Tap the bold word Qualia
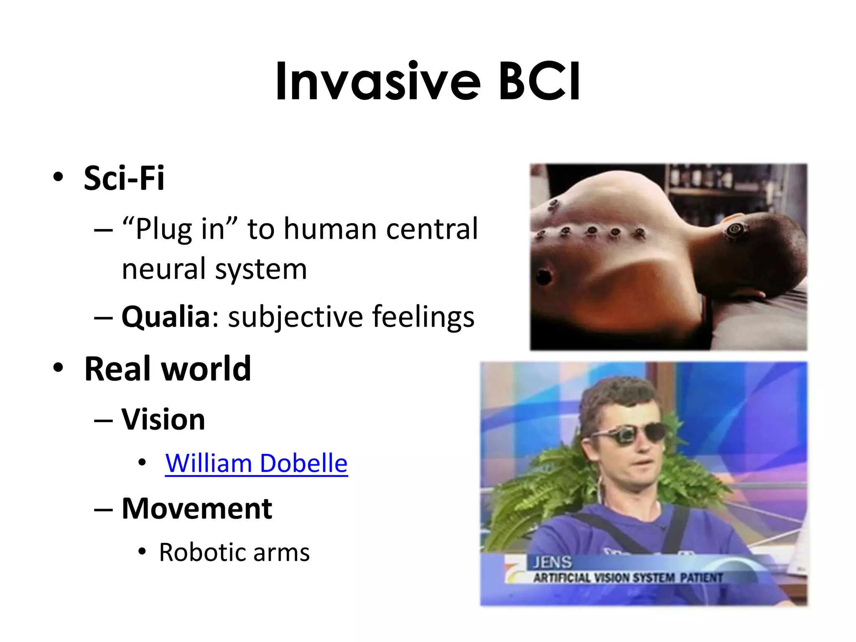[x=166, y=316]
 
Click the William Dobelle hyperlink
[x=256, y=463]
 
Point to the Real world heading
[x=168, y=369]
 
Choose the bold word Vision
[x=163, y=419]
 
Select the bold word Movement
[x=197, y=509]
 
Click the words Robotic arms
[x=234, y=553]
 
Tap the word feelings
[x=423, y=316]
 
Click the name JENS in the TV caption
[x=552, y=562]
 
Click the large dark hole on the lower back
[x=544, y=275]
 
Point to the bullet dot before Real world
[x=59, y=368]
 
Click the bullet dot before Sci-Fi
[x=59, y=177]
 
